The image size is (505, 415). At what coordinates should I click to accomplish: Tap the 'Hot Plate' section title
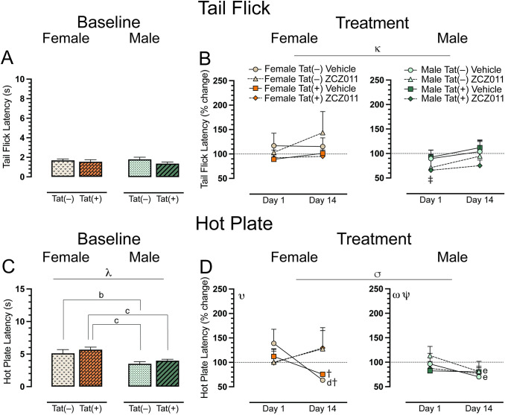[252, 221]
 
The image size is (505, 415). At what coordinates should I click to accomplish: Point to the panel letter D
[191, 265]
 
